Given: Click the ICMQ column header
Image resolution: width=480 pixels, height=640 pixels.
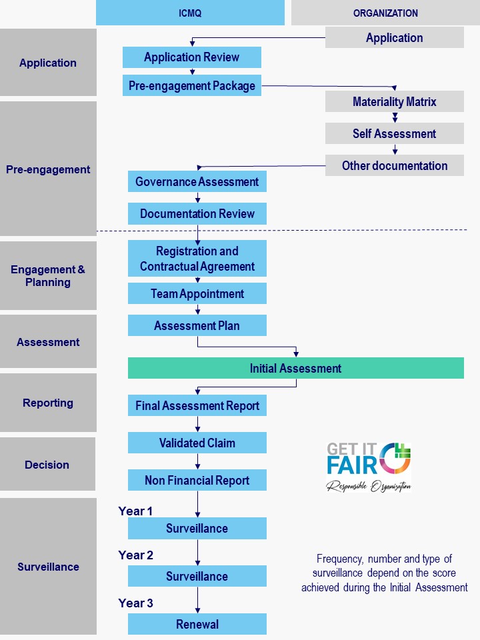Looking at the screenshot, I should pos(190,13).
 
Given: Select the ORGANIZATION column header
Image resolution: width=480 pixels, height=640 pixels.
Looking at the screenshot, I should pos(385,13).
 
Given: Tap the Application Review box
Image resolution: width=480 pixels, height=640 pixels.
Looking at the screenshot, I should pos(191,57).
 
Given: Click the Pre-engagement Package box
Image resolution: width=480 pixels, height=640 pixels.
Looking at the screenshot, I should pos(191,85).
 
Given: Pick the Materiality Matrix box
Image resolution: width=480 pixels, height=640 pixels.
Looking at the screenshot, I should pos(394,101).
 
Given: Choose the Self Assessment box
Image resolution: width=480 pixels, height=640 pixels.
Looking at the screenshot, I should pos(394,133).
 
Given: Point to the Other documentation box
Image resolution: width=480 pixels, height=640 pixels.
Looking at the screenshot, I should pos(394,165).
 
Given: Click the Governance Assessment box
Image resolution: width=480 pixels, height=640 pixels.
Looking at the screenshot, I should pos(197,181).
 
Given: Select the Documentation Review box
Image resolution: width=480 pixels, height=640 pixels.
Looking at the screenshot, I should pos(197,213).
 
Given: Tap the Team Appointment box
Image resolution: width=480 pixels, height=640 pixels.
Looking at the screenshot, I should pos(197,293).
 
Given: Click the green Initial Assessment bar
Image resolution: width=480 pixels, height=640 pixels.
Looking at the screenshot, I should pos(295,368).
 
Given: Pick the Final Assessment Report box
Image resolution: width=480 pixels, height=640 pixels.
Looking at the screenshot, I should pos(197,405).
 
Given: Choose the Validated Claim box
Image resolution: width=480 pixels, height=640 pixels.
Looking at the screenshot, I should pos(197,443).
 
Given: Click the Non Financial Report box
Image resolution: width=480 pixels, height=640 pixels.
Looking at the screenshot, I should pos(197,480).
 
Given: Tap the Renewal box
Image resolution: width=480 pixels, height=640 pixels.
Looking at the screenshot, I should pos(197,624).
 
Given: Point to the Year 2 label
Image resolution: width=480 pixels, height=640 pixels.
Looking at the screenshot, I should pos(135,555).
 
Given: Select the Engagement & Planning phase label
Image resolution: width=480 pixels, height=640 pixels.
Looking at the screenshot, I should pos(48,275).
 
